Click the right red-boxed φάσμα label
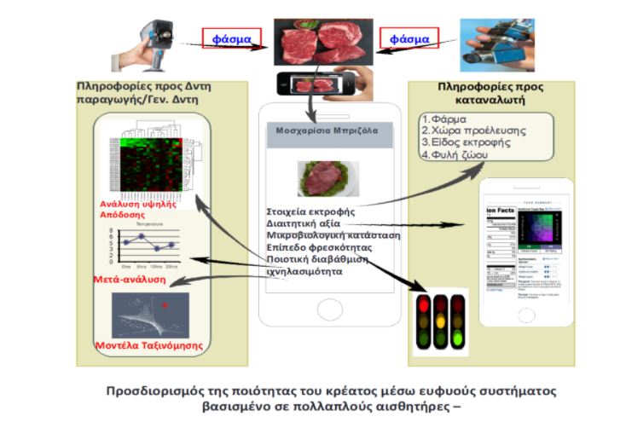click(410, 39)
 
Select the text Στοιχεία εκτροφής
click(309, 210)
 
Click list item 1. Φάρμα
click(449, 119)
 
